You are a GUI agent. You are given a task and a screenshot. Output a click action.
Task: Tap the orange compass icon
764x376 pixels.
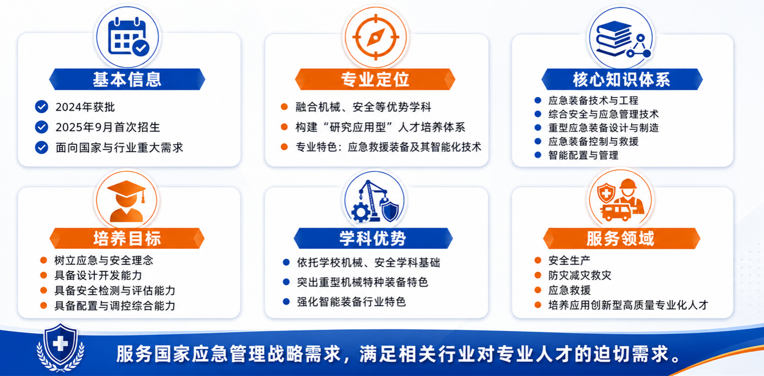(x=375, y=37)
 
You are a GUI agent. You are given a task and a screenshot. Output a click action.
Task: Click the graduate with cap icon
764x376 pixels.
(x=126, y=201)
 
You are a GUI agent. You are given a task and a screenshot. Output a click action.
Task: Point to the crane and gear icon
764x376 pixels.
(x=375, y=201)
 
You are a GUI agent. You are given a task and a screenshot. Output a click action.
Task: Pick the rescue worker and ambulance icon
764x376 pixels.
(x=620, y=200)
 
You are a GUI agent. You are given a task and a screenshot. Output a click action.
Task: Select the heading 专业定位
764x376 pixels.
(x=375, y=79)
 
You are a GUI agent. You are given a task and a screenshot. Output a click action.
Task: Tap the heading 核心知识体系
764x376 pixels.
(x=621, y=79)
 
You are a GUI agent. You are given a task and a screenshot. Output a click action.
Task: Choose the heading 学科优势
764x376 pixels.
(x=373, y=238)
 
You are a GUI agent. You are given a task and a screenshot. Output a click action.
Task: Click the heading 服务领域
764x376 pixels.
(x=620, y=238)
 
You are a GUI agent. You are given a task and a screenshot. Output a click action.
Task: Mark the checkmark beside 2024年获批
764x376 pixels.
(x=42, y=107)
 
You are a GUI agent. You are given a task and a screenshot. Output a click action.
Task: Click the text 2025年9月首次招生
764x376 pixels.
(x=108, y=127)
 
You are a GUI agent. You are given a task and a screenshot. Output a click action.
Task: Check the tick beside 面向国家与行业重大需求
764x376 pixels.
(x=42, y=147)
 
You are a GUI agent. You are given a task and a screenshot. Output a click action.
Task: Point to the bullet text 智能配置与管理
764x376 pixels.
(x=583, y=155)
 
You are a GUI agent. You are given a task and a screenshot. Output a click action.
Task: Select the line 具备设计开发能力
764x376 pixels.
(x=98, y=275)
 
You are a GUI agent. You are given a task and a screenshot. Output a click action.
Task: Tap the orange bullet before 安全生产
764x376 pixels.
(x=538, y=260)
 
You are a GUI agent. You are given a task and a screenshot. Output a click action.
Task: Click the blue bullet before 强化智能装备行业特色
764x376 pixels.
(x=286, y=302)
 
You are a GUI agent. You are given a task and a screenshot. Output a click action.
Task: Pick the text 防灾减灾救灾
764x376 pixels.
(x=580, y=275)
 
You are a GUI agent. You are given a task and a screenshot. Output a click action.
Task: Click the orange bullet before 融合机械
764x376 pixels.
(x=284, y=107)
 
